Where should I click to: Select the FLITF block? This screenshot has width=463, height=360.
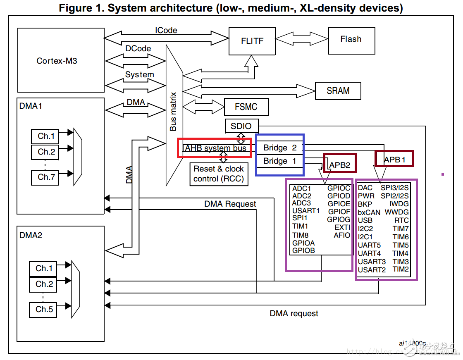pyautogui.click(x=252, y=41)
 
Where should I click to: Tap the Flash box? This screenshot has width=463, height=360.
pyautogui.click(x=351, y=40)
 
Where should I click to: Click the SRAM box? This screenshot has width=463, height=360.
pyautogui.click(x=338, y=91)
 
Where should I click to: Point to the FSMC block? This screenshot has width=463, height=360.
pyautogui.click(x=246, y=107)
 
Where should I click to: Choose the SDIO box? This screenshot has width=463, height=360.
pyautogui.click(x=241, y=126)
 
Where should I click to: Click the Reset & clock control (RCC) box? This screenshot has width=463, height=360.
pyautogui.click(x=219, y=174)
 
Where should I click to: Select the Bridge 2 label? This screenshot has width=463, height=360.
pyautogui.click(x=280, y=148)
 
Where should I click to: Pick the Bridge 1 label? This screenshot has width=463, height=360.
pyautogui.click(x=280, y=161)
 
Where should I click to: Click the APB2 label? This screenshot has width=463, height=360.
pyautogui.click(x=340, y=165)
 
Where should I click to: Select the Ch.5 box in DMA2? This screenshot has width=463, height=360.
pyautogui.click(x=44, y=309)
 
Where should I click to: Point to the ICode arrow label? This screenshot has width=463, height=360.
pyautogui.click(x=166, y=30)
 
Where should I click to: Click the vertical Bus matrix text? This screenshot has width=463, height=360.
pyautogui.click(x=174, y=112)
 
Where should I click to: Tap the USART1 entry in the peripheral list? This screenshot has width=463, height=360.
pyautogui.click(x=306, y=210)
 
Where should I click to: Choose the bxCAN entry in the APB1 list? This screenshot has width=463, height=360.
pyautogui.click(x=369, y=212)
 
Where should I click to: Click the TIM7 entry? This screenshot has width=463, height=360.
pyautogui.click(x=401, y=229)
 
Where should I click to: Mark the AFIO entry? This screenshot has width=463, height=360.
pyautogui.click(x=342, y=235)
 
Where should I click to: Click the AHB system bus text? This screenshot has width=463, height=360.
pyautogui.click(x=216, y=148)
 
